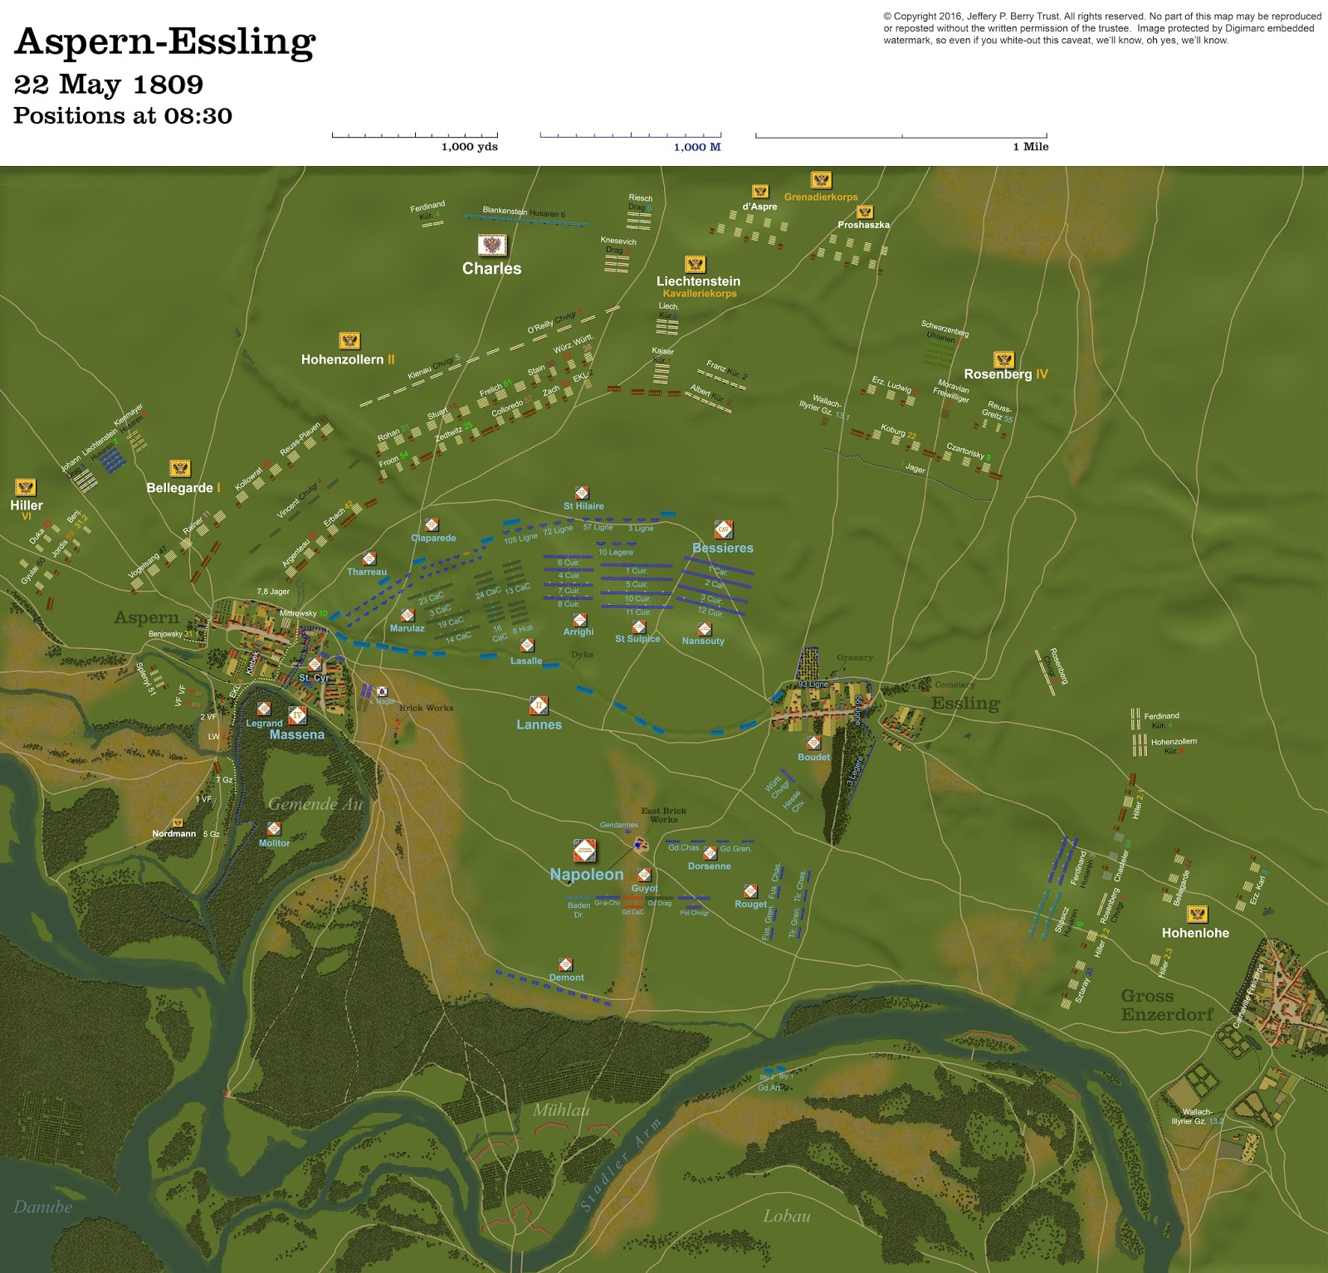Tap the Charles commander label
491,268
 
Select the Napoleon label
586,874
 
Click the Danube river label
42,1207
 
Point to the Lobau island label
786,1216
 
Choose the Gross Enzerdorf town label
1166,1005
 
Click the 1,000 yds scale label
469,147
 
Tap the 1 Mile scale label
1030,147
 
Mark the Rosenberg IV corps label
1005,374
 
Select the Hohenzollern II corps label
348,359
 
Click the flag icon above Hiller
26,487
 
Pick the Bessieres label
723,548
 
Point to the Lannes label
539,724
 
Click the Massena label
296,734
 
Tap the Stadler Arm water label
620,1164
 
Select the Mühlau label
561,1110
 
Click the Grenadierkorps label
821,197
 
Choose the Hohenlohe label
1195,933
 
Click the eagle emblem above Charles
492,245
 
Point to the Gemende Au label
315,803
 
